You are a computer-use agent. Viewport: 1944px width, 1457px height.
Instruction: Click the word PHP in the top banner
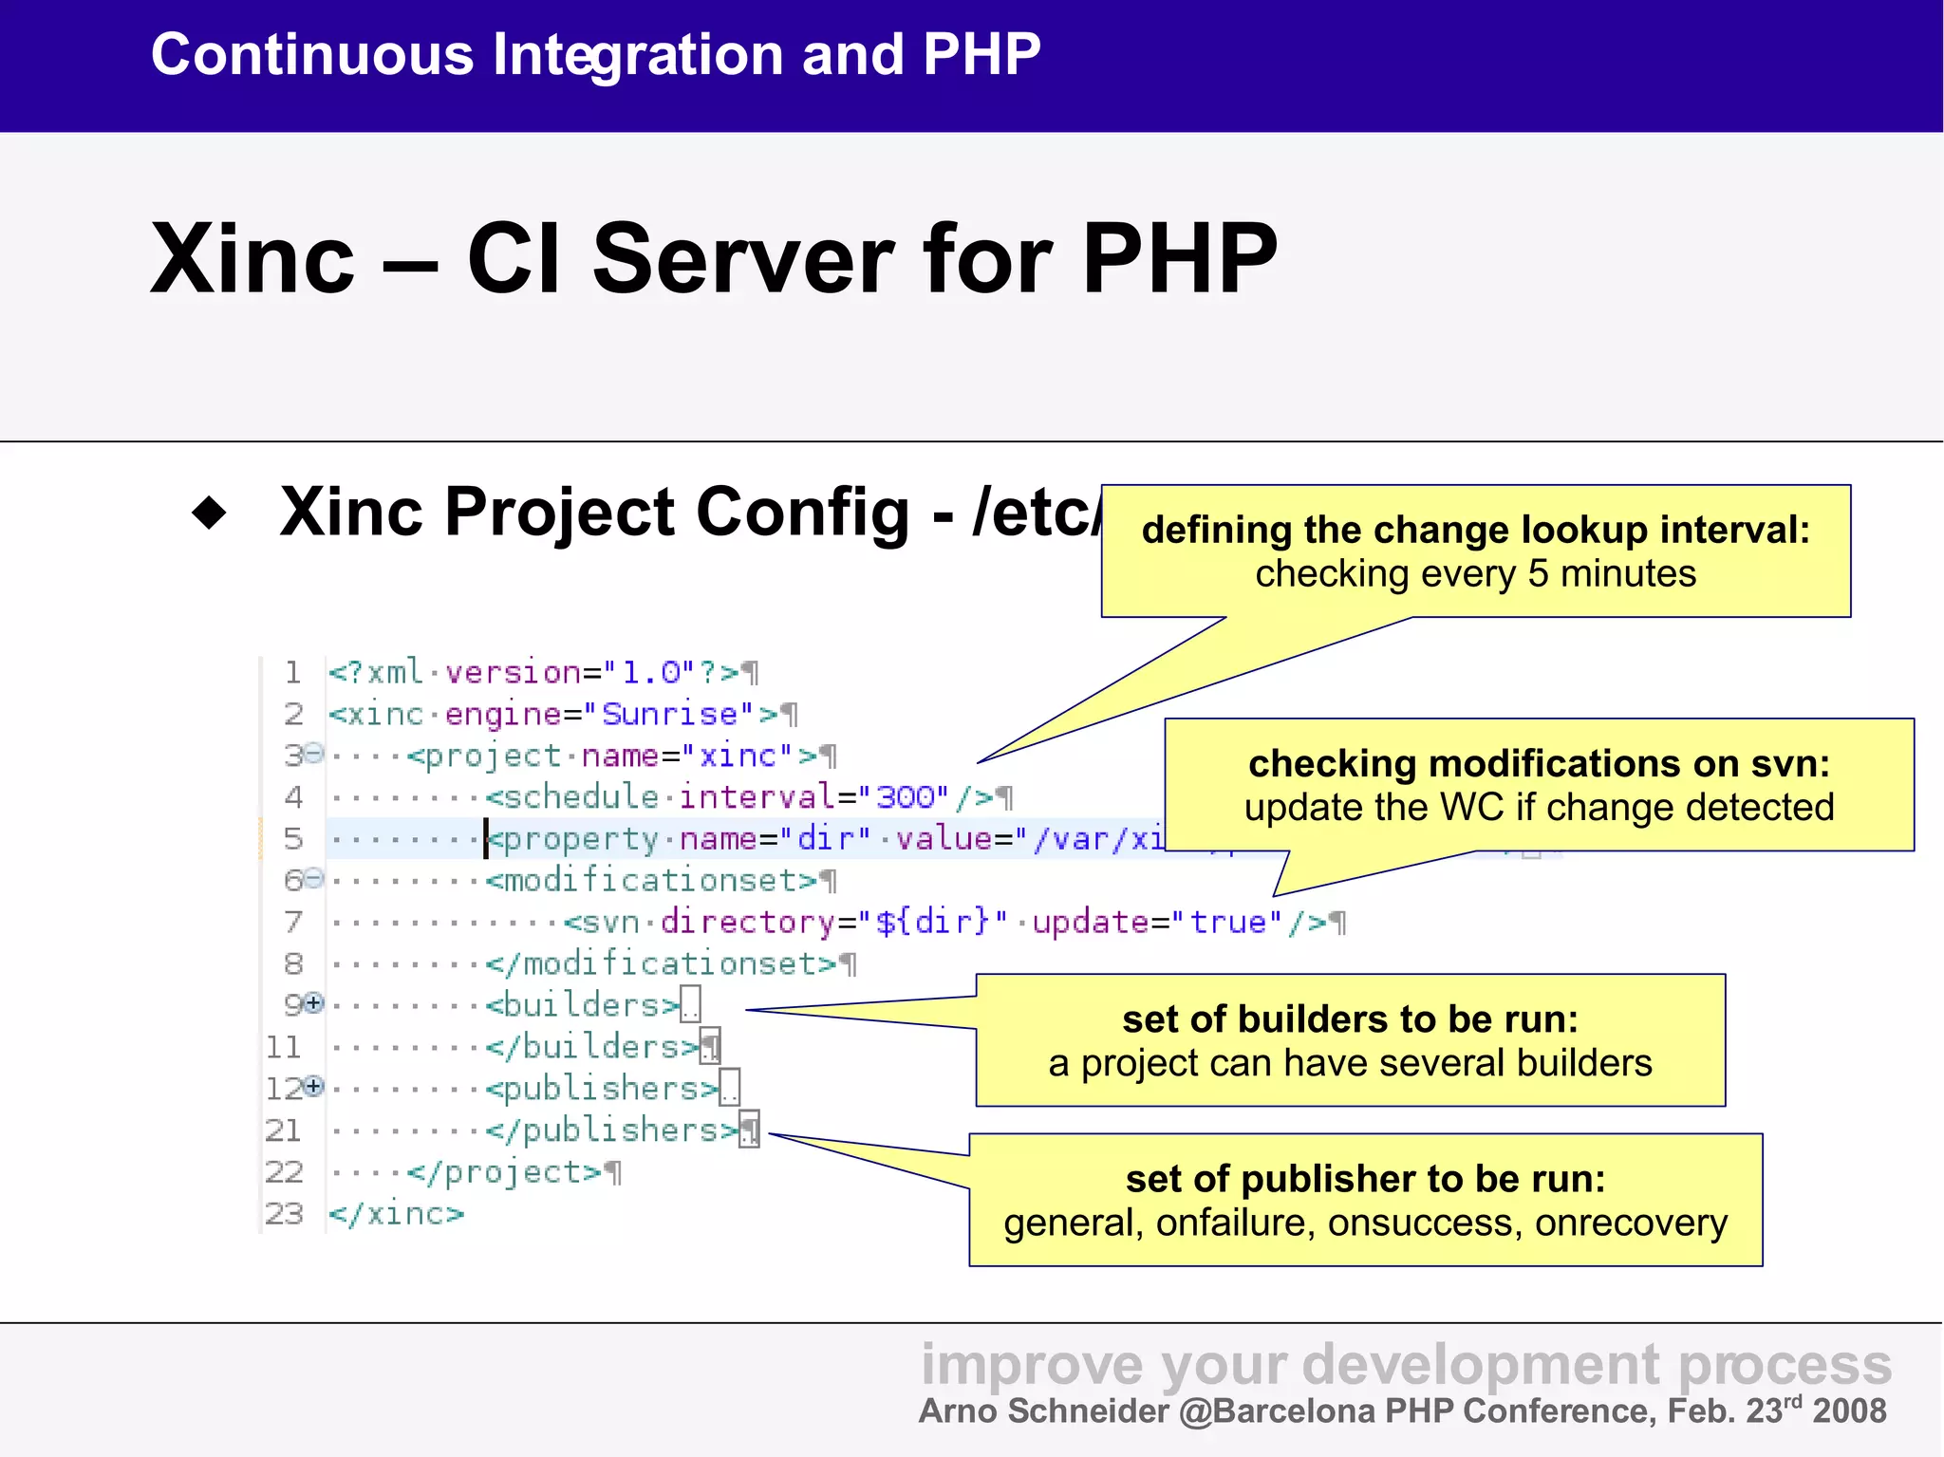pos(981,54)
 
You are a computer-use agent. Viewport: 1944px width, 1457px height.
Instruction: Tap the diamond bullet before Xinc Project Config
pos(209,513)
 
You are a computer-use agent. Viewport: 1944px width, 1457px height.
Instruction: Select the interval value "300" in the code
pos(911,796)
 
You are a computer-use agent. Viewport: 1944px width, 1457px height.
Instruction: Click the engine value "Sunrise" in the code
pos(669,714)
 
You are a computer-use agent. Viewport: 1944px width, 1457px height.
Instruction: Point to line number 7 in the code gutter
pos(293,922)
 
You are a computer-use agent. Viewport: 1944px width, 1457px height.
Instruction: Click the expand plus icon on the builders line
pos(314,1002)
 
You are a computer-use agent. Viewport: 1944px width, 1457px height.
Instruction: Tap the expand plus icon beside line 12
pos(314,1086)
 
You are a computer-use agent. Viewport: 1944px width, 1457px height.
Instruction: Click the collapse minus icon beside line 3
pos(314,754)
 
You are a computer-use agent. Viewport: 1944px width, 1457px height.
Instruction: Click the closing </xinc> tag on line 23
pos(396,1214)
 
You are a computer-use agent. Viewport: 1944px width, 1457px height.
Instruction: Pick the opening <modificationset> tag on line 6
pos(651,881)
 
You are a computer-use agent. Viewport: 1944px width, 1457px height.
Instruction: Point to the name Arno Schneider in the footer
pos(1043,1411)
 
